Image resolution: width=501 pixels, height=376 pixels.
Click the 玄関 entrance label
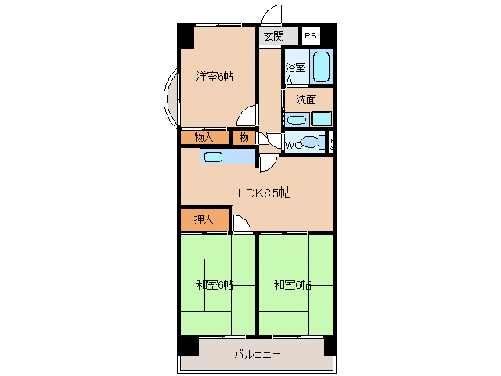tap(273, 35)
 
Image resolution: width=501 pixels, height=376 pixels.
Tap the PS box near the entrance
tap(311, 35)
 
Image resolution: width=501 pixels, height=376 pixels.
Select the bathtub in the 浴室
tap(321, 67)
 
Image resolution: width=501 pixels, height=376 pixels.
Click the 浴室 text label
tap(294, 67)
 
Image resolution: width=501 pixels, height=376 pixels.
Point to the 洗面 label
tap(305, 99)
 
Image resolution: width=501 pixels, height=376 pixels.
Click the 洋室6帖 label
tap(214, 77)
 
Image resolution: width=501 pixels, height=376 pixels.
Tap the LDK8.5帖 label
tap(265, 193)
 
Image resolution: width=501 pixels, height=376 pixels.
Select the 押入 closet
tap(204, 221)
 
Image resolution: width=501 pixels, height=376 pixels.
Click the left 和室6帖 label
tap(214, 284)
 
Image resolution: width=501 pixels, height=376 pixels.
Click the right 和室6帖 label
tap(292, 284)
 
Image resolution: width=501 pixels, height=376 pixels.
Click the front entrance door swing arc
tap(271, 16)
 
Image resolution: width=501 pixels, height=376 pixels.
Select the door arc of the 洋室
tap(247, 117)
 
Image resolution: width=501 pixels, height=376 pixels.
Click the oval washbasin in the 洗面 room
tap(295, 120)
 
